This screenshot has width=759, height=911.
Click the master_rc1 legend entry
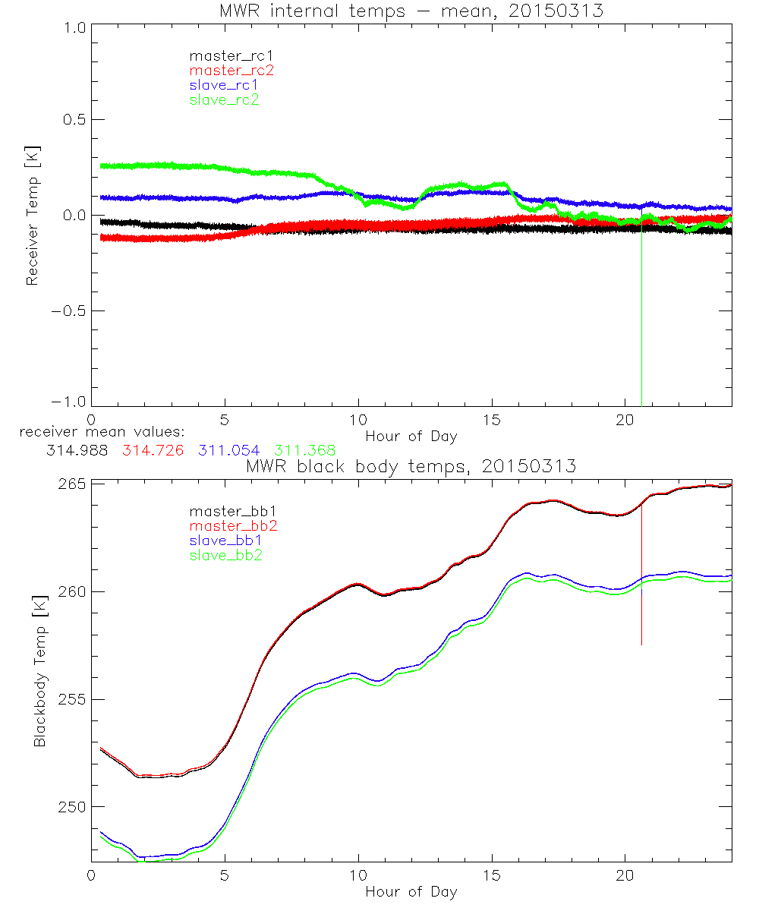223,56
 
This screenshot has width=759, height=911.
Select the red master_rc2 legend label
231,71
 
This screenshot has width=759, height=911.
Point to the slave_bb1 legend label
227,541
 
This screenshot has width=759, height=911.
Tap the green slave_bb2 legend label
227,555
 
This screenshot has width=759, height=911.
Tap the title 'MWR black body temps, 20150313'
411,466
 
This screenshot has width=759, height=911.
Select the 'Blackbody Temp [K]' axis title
39,671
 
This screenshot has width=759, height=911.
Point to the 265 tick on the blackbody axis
71,484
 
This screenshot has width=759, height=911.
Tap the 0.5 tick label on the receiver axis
70,120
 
